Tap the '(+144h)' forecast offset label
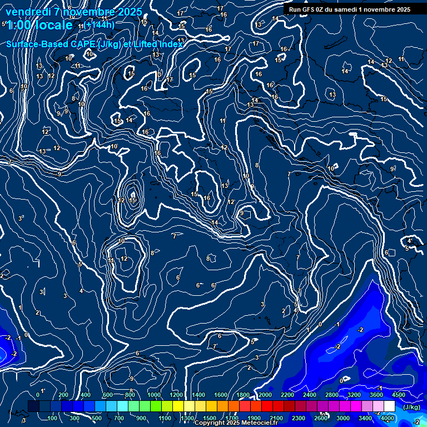[100, 25]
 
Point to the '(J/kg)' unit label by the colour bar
[411, 407]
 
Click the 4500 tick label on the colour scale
[398, 395]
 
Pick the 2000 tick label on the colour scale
[265, 395]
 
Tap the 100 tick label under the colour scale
[53, 418]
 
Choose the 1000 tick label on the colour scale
[153, 395]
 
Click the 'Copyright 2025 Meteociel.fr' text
[240, 423]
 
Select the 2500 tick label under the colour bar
[321, 418]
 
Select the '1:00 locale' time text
[40, 25]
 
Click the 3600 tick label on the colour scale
[376, 395]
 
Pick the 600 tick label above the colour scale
[108, 395]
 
